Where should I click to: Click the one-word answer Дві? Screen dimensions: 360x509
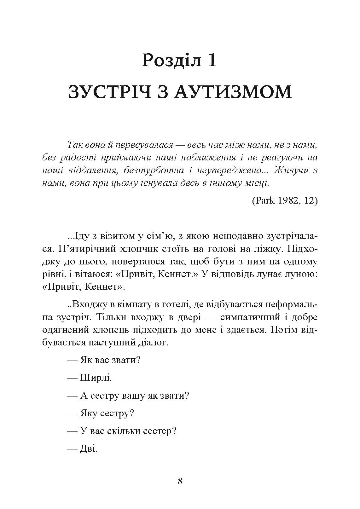pyautogui.click(x=89, y=448)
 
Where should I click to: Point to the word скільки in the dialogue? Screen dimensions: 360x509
pyautogui.click(x=123, y=431)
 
